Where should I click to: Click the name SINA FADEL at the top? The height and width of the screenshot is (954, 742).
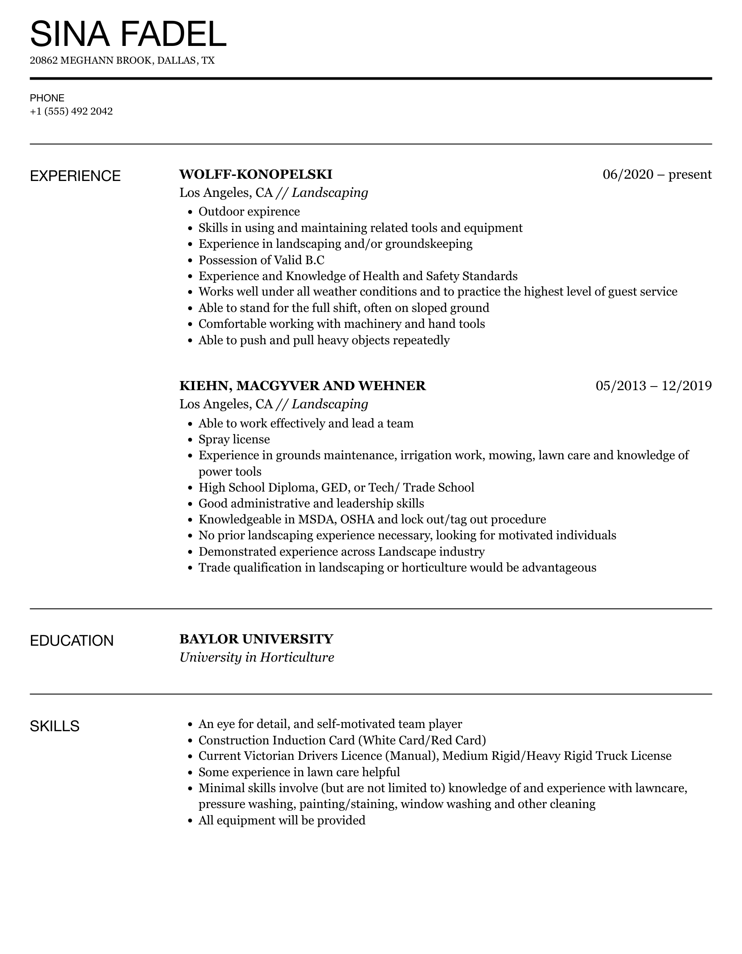pyautogui.click(x=128, y=34)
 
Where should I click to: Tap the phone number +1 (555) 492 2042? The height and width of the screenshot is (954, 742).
pyautogui.click(x=71, y=111)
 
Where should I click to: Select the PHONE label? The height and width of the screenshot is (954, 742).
pyautogui.click(x=47, y=98)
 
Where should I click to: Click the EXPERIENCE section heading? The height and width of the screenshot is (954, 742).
pyautogui.click(x=75, y=176)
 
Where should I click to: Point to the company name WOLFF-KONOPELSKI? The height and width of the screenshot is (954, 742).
pyautogui.click(x=256, y=175)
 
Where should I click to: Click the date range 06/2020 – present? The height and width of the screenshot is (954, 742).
pyautogui.click(x=657, y=175)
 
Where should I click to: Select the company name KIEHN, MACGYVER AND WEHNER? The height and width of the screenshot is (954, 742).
pyautogui.click(x=303, y=386)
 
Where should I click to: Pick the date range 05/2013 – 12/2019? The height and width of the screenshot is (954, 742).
pyautogui.click(x=653, y=386)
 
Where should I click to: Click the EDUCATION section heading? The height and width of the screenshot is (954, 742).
pyautogui.click(x=72, y=641)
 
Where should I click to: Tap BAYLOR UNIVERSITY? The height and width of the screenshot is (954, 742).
pyautogui.click(x=256, y=639)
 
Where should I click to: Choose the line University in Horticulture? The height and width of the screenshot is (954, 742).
pyautogui.click(x=257, y=658)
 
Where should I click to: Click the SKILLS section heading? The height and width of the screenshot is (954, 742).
pyautogui.click(x=55, y=726)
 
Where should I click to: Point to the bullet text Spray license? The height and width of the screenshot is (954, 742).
pyautogui.click(x=234, y=440)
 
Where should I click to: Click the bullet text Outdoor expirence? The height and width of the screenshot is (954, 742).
pyautogui.click(x=249, y=212)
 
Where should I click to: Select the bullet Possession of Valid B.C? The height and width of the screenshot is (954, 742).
pyautogui.click(x=261, y=260)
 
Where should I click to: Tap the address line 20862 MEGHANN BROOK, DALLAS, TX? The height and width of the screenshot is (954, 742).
pyautogui.click(x=122, y=60)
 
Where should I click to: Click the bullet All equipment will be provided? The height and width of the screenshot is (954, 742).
pyautogui.click(x=282, y=820)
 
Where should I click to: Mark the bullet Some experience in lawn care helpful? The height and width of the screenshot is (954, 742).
pyautogui.click(x=299, y=772)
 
